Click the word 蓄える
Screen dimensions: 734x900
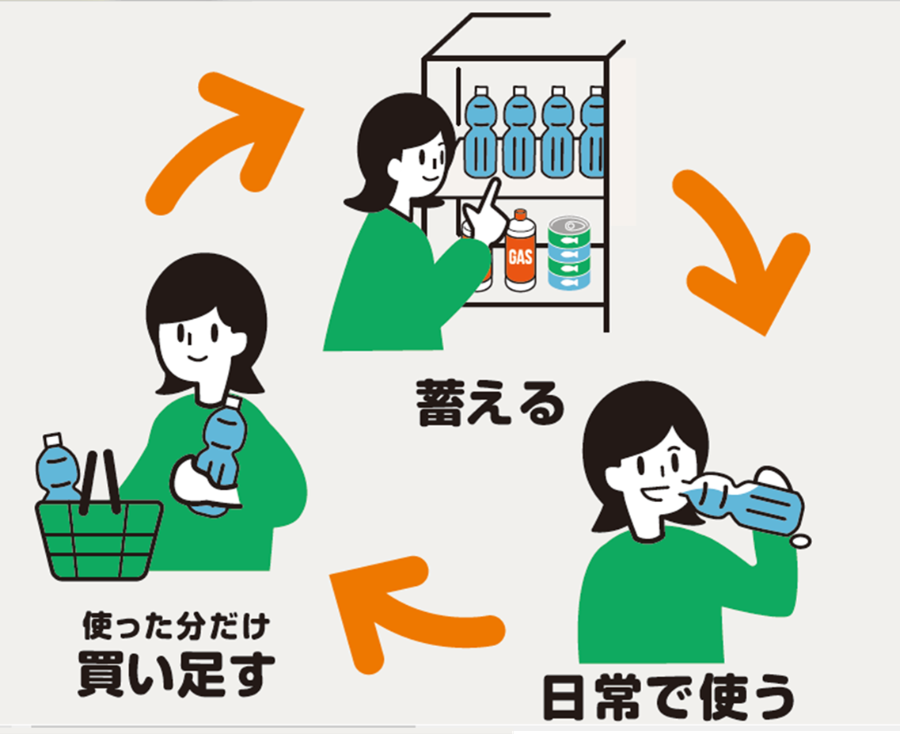point(491,403)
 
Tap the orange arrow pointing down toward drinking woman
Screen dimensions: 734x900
point(740,253)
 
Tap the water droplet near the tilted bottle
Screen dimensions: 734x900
point(801,542)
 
